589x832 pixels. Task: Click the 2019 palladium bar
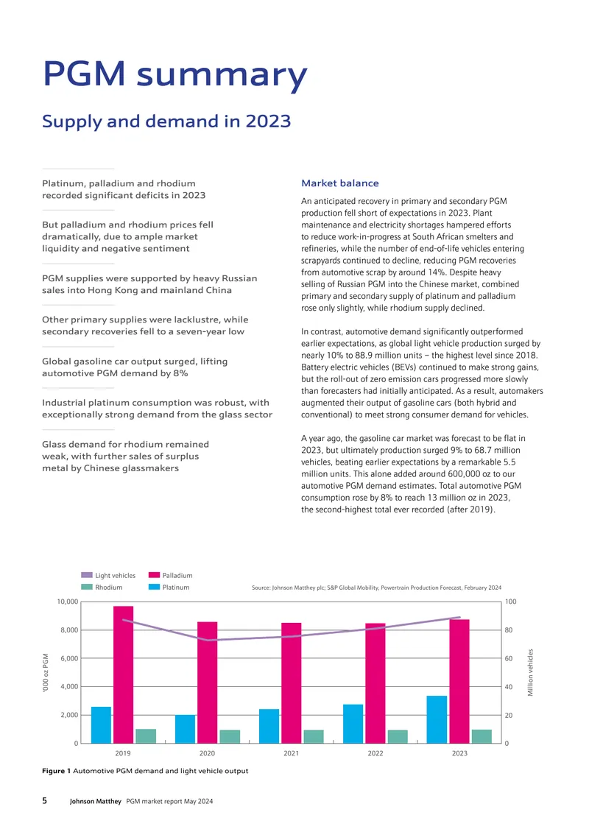123,674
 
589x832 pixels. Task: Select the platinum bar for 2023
437,719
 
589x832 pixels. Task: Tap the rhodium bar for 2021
314,736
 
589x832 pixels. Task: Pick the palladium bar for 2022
375,683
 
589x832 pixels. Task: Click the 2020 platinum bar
186,729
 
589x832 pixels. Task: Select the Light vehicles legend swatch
86,575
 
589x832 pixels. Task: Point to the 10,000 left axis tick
68,602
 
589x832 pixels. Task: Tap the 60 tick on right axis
509,658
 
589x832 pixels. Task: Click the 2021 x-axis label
292,753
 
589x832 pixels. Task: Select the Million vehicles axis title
530,672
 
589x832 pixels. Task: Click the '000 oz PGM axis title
46,672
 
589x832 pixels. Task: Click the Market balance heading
340,183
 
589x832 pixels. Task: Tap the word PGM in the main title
85,73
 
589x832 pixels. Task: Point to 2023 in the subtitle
268,121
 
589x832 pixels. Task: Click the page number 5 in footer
45,800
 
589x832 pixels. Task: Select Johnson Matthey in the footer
96,801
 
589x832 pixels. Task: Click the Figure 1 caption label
56,770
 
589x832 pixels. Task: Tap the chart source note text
376,588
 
